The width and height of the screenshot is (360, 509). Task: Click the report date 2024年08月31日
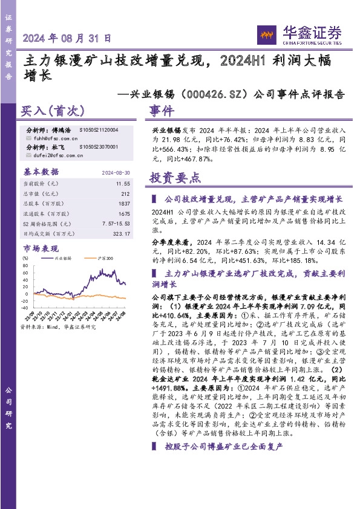(67, 37)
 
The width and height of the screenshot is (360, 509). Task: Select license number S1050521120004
(99, 130)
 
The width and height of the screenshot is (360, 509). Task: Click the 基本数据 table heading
(41, 172)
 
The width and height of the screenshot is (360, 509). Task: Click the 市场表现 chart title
(41, 248)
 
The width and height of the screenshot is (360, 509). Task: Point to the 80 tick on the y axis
(26, 265)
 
